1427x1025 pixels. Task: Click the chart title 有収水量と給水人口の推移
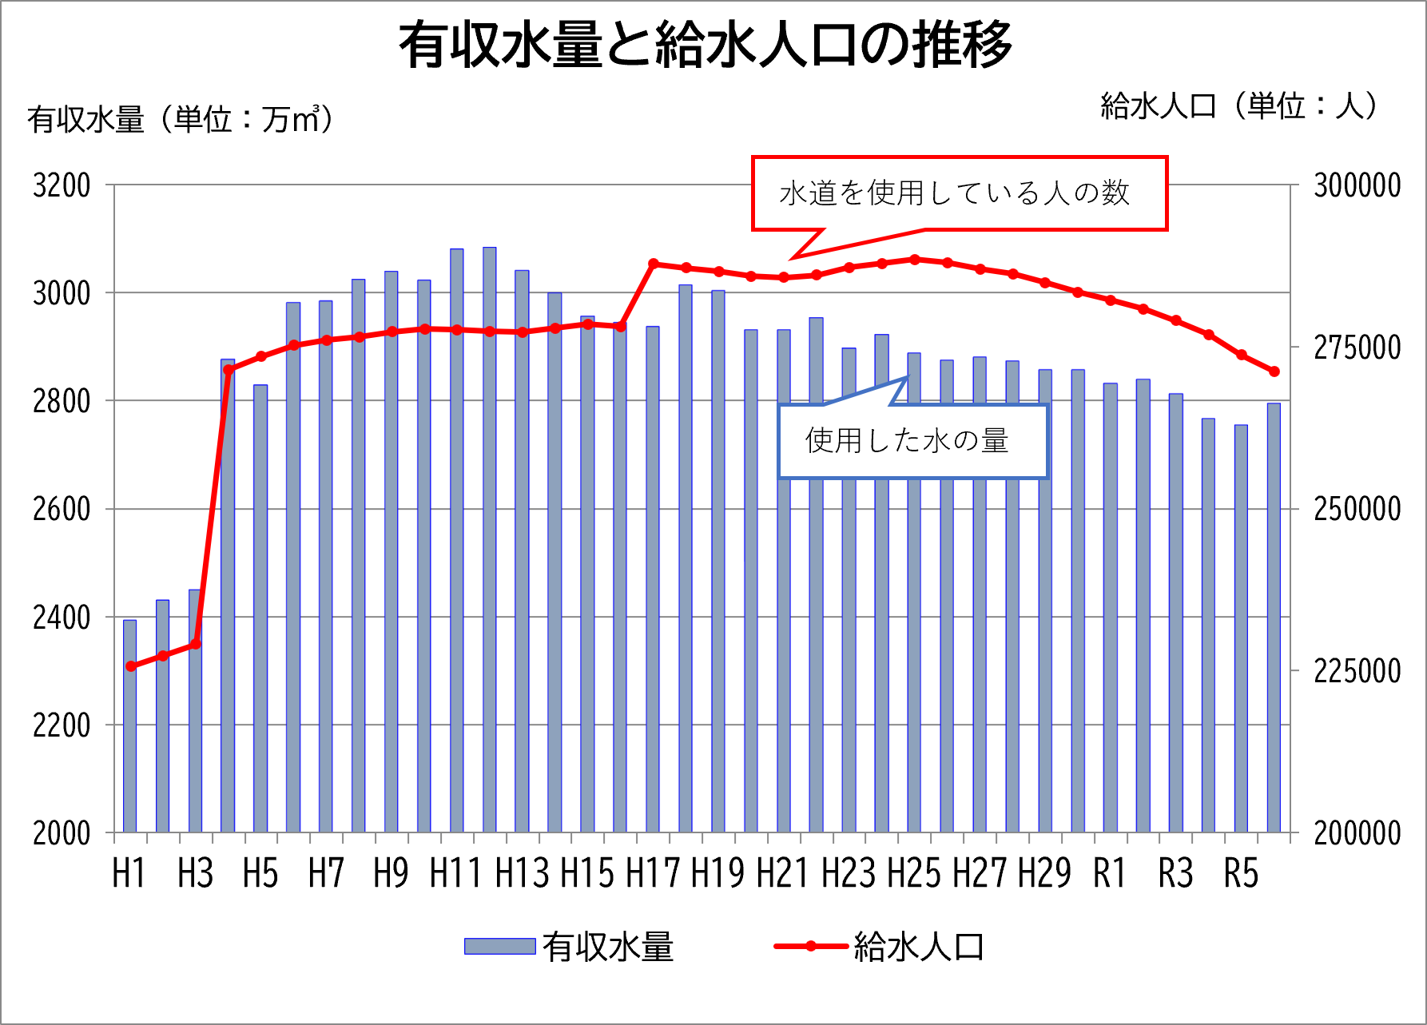[x=706, y=46]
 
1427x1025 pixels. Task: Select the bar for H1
[x=130, y=727]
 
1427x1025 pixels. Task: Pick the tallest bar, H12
[x=489, y=543]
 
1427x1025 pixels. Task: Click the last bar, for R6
[x=1274, y=619]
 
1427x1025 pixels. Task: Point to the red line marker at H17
[x=653, y=264]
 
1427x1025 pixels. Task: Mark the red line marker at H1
[x=130, y=666]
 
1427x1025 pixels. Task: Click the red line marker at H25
[x=914, y=260]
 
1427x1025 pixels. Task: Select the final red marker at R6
[x=1274, y=371]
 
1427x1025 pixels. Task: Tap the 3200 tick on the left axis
[x=62, y=185]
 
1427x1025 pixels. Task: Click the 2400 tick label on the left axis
[x=62, y=618]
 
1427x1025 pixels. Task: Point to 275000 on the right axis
[x=1357, y=348]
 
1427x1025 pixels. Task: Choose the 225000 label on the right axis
[x=1357, y=671]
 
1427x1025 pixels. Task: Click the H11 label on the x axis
[x=455, y=873]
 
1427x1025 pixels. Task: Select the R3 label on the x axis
[x=1175, y=873]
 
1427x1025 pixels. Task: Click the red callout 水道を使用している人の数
[x=959, y=193]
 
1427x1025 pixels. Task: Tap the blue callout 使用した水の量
[x=912, y=441]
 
